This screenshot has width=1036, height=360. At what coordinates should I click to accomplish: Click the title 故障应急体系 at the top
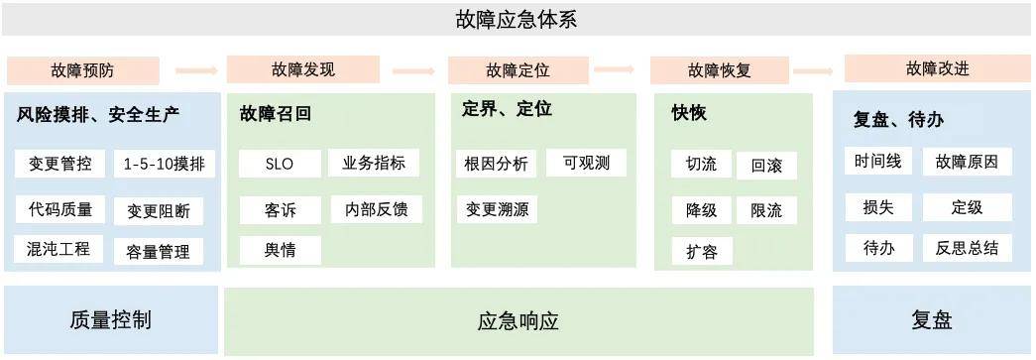pyautogui.click(x=516, y=19)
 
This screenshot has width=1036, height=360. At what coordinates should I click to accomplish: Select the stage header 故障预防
pyautogui.click(x=82, y=70)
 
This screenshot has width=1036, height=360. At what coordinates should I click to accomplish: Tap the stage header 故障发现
pyautogui.click(x=303, y=69)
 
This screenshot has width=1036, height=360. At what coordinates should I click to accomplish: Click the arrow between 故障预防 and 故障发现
pyautogui.click(x=195, y=70)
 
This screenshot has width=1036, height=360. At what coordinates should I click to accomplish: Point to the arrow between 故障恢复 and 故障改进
pyautogui.click(x=812, y=70)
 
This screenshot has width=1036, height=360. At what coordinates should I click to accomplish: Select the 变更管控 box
pyautogui.click(x=59, y=164)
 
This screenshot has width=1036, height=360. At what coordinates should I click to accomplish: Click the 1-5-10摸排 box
pyautogui.click(x=165, y=164)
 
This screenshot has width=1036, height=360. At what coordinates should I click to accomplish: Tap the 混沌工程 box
pyautogui.click(x=59, y=249)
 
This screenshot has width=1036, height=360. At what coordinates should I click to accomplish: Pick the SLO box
pyautogui.click(x=280, y=164)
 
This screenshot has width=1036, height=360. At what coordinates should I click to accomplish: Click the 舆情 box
pyautogui.click(x=280, y=249)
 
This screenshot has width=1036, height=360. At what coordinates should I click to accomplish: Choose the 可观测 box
pyautogui.click(x=586, y=163)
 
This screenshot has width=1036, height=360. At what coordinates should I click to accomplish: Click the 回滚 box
pyautogui.click(x=766, y=166)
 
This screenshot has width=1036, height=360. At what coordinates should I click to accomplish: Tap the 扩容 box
pyautogui.click(x=701, y=251)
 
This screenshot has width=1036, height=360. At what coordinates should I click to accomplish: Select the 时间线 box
pyautogui.click(x=877, y=162)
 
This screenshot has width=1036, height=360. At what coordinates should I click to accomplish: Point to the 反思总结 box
pyautogui.click(x=967, y=247)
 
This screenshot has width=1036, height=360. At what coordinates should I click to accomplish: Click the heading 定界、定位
pyautogui.click(x=507, y=109)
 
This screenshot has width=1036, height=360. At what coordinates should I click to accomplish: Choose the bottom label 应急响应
pyautogui.click(x=518, y=321)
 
